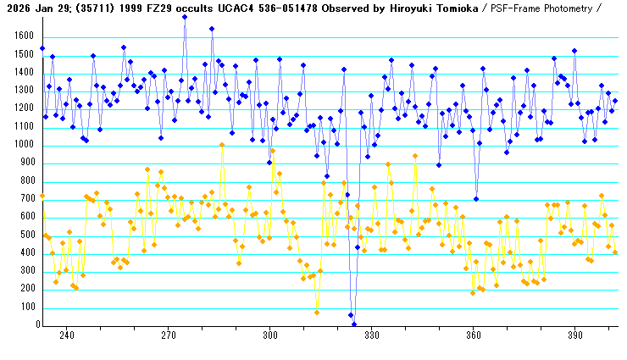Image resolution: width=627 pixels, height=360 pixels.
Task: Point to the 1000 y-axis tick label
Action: (19, 145)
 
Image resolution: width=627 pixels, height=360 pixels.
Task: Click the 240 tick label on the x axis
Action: (66, 335)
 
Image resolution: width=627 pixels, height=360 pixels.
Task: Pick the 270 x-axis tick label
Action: (168, 335)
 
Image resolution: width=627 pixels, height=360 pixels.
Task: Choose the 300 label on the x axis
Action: (269, 335)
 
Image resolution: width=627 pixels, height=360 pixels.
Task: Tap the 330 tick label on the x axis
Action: (371, 335)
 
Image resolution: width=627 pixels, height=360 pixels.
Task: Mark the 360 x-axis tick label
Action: (473, 335)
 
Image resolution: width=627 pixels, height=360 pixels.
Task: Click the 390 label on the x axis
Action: (574, 335)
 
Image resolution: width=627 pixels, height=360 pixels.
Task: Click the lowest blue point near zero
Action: (354, 324)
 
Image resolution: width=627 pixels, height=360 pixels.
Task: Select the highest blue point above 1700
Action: (185, 17)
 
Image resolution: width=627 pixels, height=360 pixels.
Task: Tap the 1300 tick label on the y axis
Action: (19, 91)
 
